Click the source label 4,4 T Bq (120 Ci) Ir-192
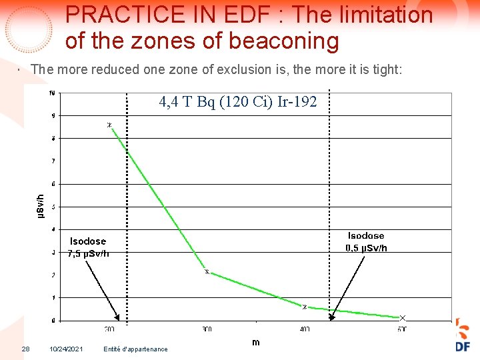[x=237, y=102]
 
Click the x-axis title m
[x=256, y=342]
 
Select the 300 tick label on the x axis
[x=207, y=329]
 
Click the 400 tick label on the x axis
[x=304, y=329]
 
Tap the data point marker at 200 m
[x=109, y=125]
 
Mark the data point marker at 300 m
[x=207, y=271]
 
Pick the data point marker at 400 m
[x=305, y=307]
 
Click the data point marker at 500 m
[x=402, y=317]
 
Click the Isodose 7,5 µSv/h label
[x=88, y=247]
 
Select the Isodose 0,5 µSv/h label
[x=366, y=241]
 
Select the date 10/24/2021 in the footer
[x=66, y=349]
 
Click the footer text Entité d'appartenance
[x=136, y=349]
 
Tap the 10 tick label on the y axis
[x=52, y=93]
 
